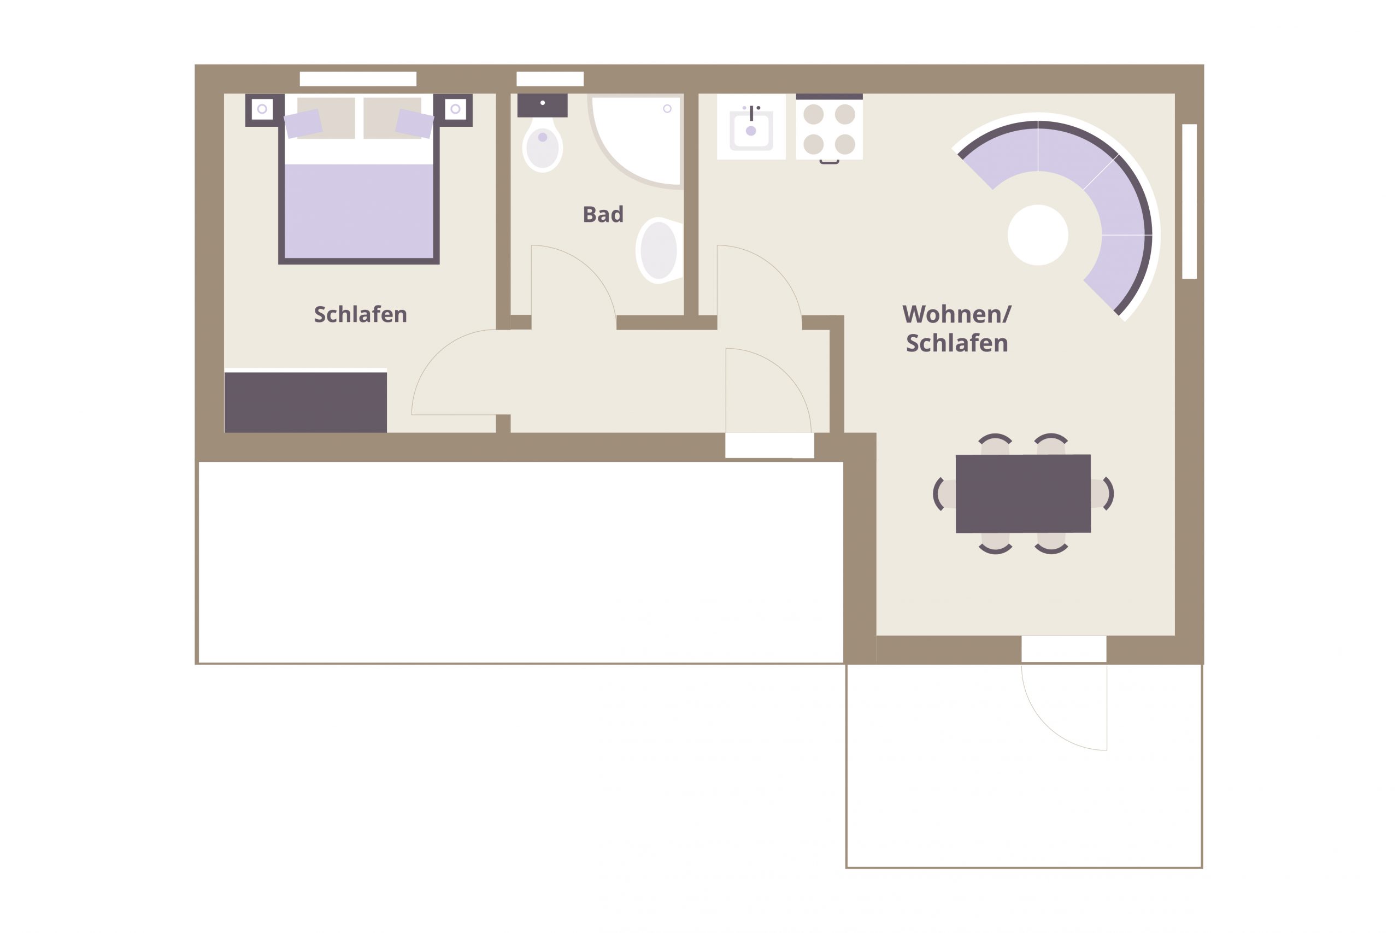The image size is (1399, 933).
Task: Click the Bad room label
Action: (x=603, y=214)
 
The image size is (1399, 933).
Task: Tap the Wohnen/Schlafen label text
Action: (x=956, y=328)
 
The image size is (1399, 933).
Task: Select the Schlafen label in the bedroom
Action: (x=361, y=314)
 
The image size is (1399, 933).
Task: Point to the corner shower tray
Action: (x=635, y=140)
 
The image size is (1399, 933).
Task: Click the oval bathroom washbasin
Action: (x=659, y=250)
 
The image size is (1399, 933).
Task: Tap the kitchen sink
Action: (x=751, y=127)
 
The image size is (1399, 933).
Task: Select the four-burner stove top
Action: (x=829, y=127)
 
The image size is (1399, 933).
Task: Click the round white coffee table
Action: (x=1038, y=235)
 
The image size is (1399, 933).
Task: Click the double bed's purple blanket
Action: (x=358, y=211)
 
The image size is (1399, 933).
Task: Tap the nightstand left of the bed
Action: (x=262, y=109)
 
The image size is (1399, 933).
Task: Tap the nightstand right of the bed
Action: (x=455, y=109)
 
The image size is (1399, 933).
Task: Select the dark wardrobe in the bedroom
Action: (x=305, y=402)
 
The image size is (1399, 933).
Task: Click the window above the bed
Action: (x=358, y=79)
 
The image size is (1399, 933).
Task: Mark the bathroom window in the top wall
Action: (x=550, y=79)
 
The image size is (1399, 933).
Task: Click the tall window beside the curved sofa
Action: (x=1189, y=201)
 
